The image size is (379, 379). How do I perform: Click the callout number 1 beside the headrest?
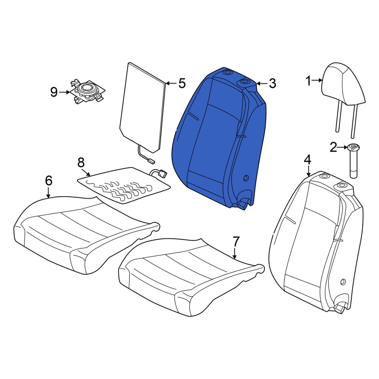pyautogui.click(x=309, y=81)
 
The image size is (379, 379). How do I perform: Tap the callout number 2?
pyautogui.click(x=334, y=147)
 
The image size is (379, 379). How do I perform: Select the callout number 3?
pyautogui.click(x=273, y=83)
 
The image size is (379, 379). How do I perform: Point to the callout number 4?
pyautogui.click(x=308, y=160)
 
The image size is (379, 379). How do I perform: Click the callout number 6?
pyautogui.click(x=49, y=180)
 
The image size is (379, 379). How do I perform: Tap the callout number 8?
pyautogui.click(x=81, y=163)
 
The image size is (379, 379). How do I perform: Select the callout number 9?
pyautogui.click(x=54, y=92)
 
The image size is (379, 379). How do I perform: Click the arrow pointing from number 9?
pyautogui.click(x=64, y=92)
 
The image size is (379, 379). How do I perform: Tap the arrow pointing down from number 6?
pyautogui.click(x=49, y=193)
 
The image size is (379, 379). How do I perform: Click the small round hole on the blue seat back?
pyautogui.click(x=246, y=179)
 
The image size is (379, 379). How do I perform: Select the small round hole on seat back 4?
pyautogui.click(x=343, y=282)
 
